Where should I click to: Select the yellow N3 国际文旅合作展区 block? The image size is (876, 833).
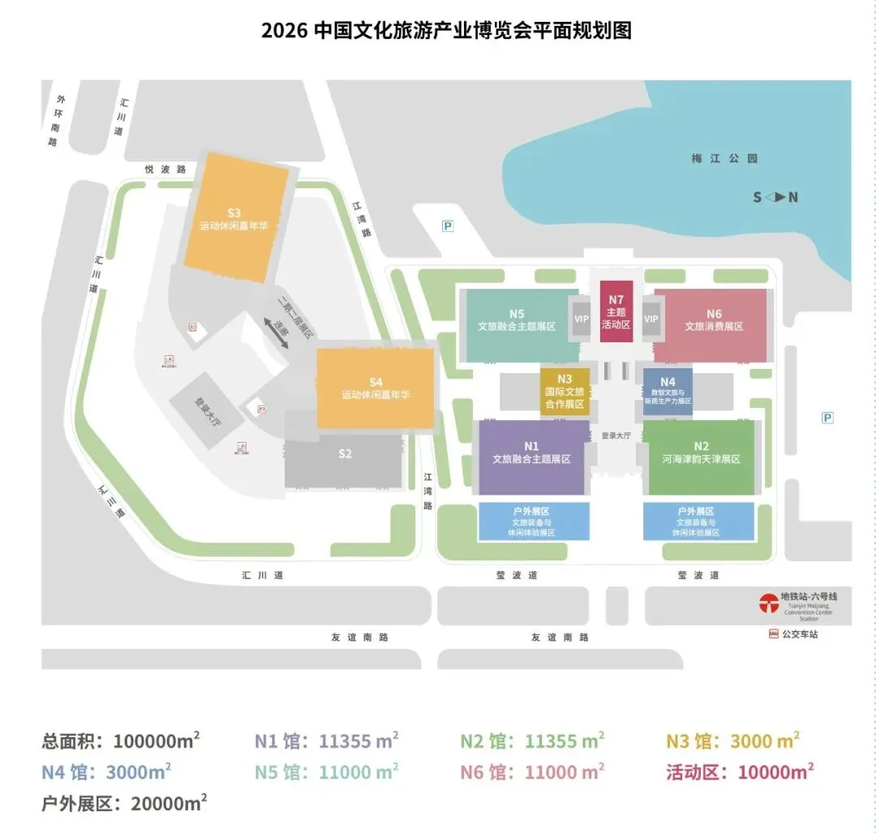pyautogui.click(x=565, y=392)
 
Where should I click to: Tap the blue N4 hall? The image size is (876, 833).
pyautogui.click(x=668, y=392)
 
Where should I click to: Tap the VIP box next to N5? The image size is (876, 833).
pyautogui.click(x=582, y=319)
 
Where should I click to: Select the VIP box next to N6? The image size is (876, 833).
pyautogui.click(x=651, y=319)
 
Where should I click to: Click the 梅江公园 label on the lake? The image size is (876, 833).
pyautogui.click(x=724, y=159)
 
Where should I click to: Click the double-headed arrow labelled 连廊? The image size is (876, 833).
pyautogui.click(x=277, y=333)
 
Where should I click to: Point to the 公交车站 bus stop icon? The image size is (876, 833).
pyautogui.click(x=773, y=634)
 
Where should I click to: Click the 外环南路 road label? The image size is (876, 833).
pyautogui.click(x=56, y=121)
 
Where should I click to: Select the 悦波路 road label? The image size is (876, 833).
pyautogui.click(x=165, y=170)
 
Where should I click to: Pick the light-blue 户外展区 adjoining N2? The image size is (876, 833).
pyautogui.click(x=698, y=522)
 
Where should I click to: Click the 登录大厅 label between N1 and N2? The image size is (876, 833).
pyautogui.click(x=616, y=436)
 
